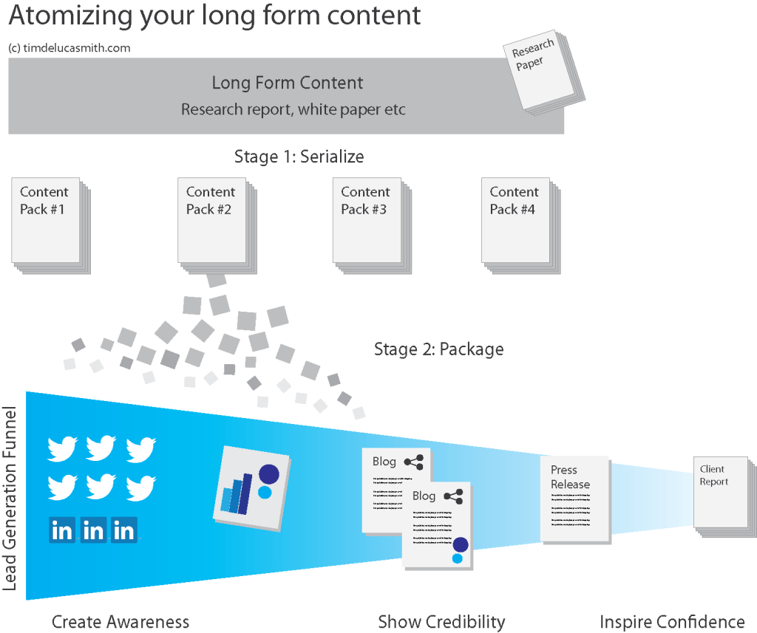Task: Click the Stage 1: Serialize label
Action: pyautogui.click(x=299, y=157)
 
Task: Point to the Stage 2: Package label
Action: pyautogui.click(x=438, y=349)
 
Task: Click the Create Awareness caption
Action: pyautogui.click(x=120, y=622)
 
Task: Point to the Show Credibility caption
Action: pyautogui.click(x=441, y=622)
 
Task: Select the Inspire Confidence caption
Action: pyautogui.click(x=672, y=622)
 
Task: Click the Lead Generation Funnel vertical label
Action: pyautogui.click(x=11, y=496)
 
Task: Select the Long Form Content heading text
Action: pyautogui.click(x=288, y=83)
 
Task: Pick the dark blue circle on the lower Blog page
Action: pyautogui.click(x=460, y=544)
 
